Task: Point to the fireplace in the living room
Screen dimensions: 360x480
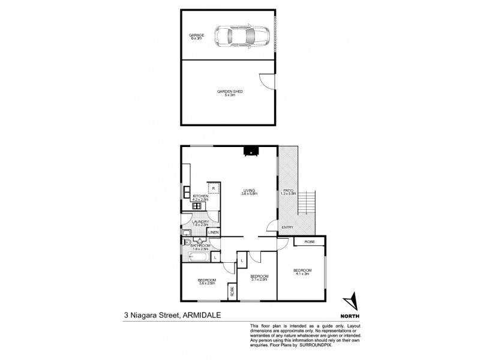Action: coord(248,151)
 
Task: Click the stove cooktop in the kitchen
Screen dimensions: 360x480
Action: coord(196,206)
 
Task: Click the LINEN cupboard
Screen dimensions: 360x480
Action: coord(214,232)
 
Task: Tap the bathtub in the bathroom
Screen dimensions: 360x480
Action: coord(199,258)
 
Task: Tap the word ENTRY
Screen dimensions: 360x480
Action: coord(288,227)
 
